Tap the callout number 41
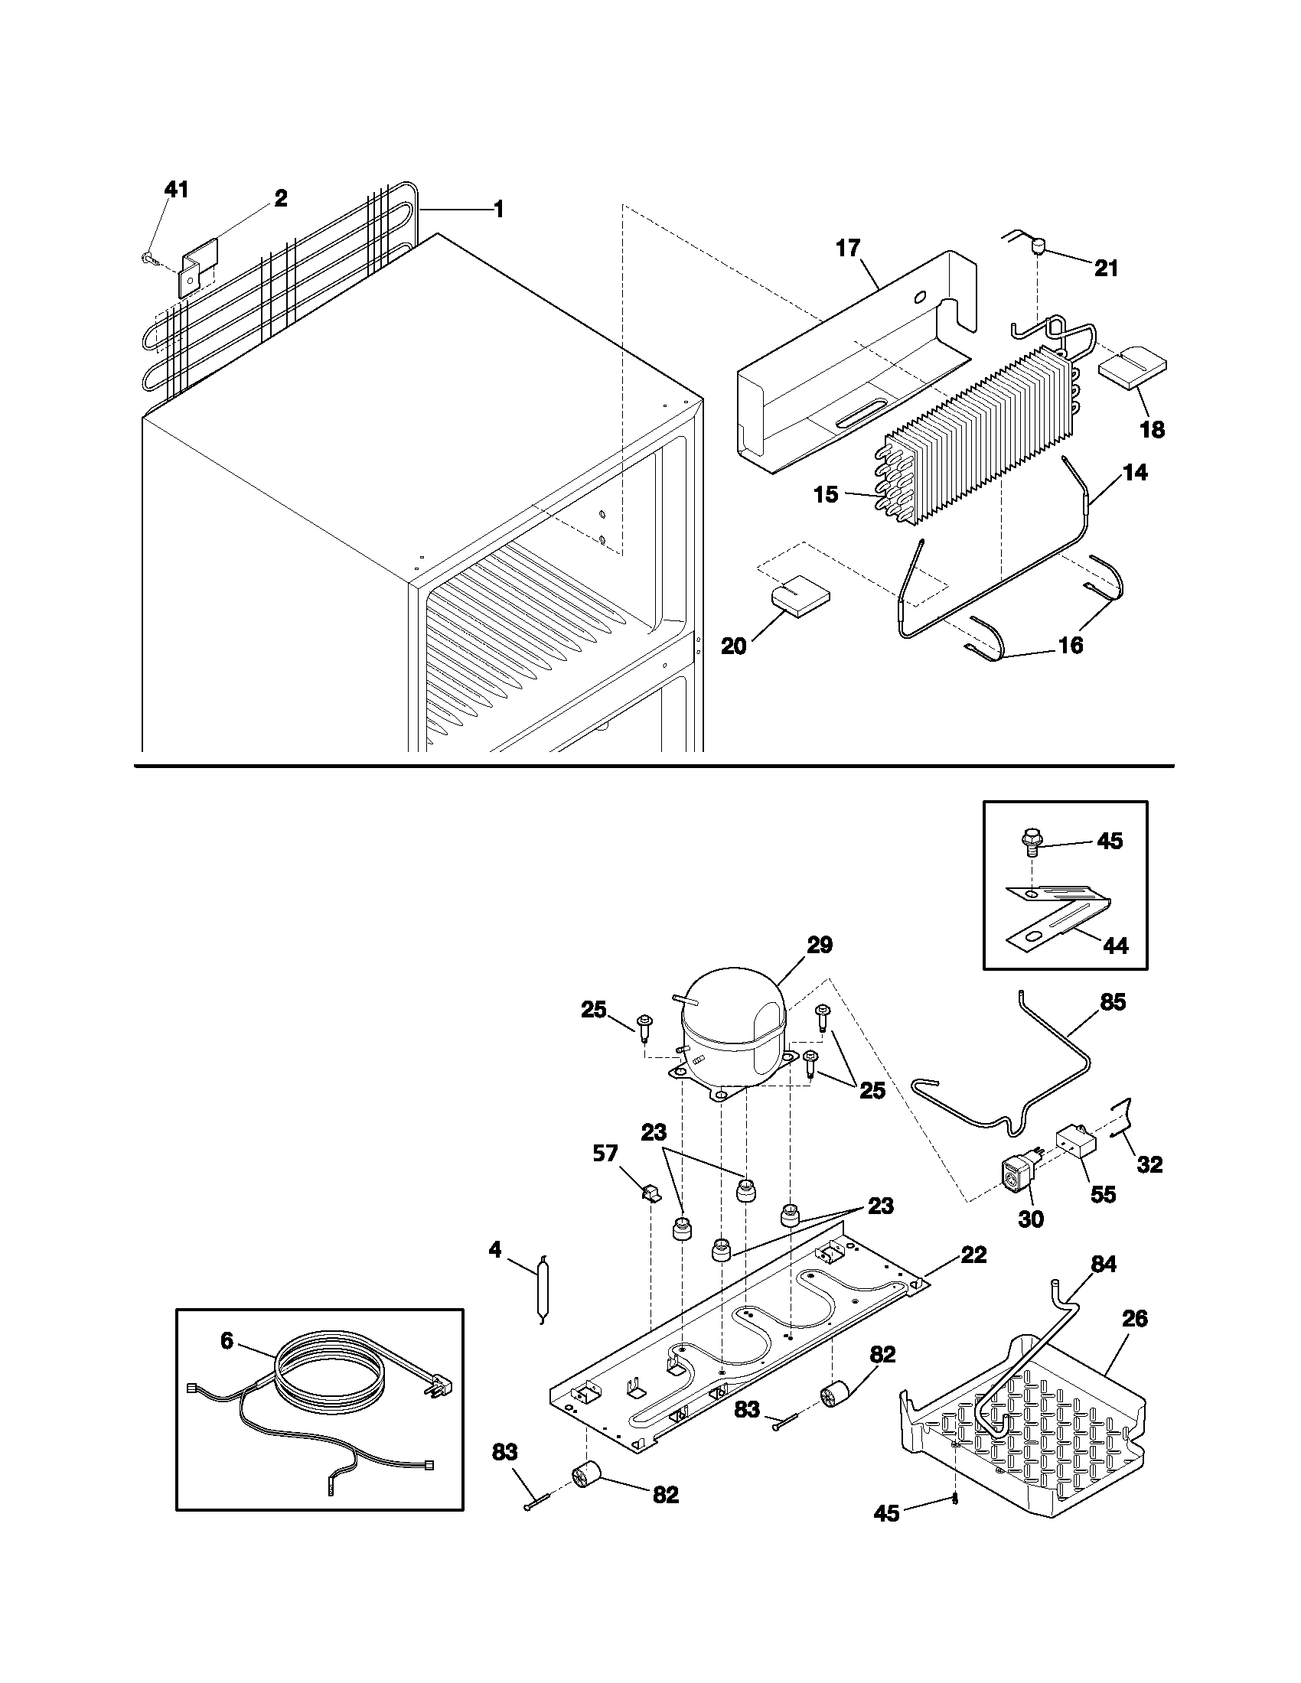coord(177,190)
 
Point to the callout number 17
coord(847,249)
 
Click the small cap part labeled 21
coord(1038,246)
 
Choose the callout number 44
coord(1116,945)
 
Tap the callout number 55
coord(1104,1195)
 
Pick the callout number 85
coord(1113,1002)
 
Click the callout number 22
coord(974,1255)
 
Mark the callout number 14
coord(1134,472)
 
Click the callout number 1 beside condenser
coord(499,209)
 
